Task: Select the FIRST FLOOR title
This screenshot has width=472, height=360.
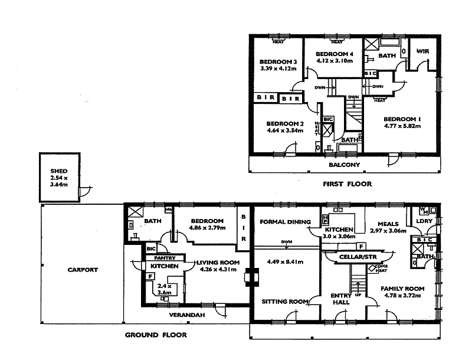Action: [347, 184]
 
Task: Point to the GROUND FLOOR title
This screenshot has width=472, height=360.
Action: [156, 335]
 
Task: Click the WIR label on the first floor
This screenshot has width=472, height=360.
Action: [422, 51]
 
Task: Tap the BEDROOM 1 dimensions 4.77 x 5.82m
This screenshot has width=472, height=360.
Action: [403, 126]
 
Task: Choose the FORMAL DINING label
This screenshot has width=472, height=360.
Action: [285, 222]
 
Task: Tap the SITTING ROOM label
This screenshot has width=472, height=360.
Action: [285, 302]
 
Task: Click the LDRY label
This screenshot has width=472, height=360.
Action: [424, 221]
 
